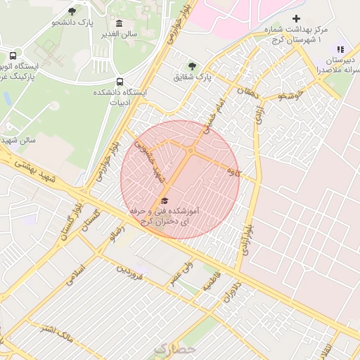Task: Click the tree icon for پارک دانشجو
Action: click(x=72, y=11)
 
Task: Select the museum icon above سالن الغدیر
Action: click(x=118, y=23)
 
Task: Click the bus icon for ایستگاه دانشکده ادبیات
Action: click(x=120, y=81)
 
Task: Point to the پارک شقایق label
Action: click(x=194, y=76)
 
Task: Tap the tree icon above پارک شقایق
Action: click(x=193, y=65)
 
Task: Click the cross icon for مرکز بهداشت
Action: click(x=296, y=18)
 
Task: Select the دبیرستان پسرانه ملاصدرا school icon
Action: click(x=341, y=49)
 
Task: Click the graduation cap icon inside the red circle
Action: click(x=165, y=200)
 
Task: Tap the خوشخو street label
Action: click(x=290, y=94)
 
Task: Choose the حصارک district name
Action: click(x=172, y=348)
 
